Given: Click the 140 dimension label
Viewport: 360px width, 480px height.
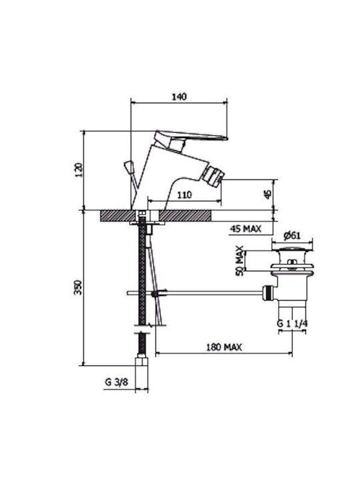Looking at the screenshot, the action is (179, 97).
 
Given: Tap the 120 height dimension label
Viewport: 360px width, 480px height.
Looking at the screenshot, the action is (79, 169).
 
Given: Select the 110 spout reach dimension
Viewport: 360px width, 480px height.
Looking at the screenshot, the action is (184, 195).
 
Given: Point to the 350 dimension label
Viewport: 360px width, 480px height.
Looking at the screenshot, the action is (79, 287).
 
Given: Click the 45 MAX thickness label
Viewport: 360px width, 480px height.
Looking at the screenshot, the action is (245, 229).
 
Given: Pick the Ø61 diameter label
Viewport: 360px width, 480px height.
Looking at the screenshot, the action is (292, 235).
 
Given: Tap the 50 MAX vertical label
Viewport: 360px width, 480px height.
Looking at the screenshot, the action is (240, 261).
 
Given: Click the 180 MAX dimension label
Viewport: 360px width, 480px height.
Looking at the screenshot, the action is (224, 347).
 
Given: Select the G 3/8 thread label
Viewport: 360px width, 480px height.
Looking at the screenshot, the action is (117, 382).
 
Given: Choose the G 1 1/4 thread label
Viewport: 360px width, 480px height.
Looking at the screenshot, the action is (293, 323).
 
